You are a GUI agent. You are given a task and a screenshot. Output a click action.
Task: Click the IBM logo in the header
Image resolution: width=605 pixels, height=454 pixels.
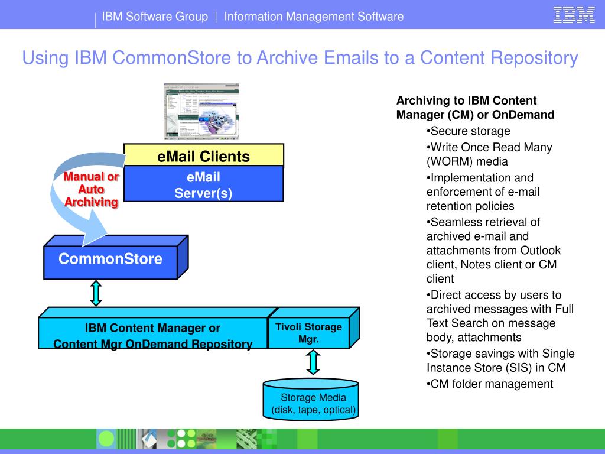coord(574,15)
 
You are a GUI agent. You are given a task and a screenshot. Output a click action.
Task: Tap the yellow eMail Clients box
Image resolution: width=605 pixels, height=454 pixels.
coord(203,156)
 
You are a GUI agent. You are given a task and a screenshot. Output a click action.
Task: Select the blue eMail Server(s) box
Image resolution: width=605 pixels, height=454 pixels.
coord(203,185)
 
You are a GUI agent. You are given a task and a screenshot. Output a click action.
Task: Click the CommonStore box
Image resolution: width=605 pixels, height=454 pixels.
coord(110,260)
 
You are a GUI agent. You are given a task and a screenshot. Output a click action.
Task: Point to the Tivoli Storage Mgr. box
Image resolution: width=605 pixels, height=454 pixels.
coord(308,333)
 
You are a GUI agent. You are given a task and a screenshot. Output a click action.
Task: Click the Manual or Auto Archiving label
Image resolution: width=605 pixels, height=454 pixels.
coord(92,189)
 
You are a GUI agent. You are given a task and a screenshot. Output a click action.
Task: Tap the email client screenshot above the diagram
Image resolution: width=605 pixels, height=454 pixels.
coord(201,111)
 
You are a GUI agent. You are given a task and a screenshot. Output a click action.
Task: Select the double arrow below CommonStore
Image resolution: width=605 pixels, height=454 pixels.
coord(96,293)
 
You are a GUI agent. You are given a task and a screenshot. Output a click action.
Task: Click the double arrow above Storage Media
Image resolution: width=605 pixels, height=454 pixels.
coord(313,362)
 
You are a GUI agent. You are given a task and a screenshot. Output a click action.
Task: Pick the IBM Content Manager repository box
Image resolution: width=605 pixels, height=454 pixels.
coord(152,335)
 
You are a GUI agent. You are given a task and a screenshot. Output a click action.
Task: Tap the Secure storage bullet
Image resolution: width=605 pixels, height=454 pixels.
coord(470,131)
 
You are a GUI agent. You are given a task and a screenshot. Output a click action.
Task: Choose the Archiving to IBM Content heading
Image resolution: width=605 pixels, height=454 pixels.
coord(466,100)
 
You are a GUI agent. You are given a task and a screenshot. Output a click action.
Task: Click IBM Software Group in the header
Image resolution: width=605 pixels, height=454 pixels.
coord(155,17)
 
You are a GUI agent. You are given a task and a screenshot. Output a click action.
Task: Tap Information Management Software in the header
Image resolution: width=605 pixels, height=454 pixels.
coord(314,17)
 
